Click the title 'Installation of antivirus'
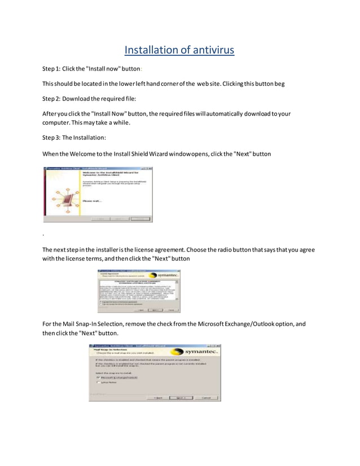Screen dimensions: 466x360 pyautogui.click(x=179, y=51)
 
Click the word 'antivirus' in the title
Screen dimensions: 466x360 pyautogui.click(x=206, y=51)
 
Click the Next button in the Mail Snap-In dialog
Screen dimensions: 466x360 pyautogui.click(x=181, y=397)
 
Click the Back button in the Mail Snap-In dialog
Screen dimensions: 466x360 pyautogui.click(x=159, y=397)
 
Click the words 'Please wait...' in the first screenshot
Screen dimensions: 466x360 pyautogui.click(x=92, y=201)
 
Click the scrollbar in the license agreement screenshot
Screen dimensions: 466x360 pyautogui.click(x=177, y=289)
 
